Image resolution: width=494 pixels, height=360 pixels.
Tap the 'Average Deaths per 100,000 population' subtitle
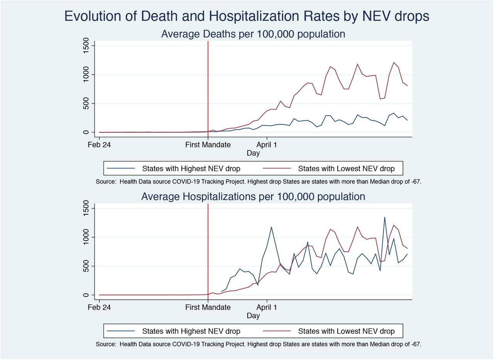253,34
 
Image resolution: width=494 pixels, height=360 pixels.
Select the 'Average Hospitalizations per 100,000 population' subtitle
253,197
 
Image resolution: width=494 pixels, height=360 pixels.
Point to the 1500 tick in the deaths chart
86,46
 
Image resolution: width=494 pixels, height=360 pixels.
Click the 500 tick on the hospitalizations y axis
86,266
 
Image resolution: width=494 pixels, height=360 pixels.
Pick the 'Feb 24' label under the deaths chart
99,145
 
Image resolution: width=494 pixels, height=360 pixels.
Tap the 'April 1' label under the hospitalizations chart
267,307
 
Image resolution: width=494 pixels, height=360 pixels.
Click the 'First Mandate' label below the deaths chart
208,145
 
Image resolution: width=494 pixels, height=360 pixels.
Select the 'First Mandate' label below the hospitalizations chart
208,307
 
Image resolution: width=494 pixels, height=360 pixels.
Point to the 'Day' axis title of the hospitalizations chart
253,316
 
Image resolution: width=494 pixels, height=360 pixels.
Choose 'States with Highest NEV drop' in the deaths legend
191,169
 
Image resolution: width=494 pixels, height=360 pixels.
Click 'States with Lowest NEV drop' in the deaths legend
346,169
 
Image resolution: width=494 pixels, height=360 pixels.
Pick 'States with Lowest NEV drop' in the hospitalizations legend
346,331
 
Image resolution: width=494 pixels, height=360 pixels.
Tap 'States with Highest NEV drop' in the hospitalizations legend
191,331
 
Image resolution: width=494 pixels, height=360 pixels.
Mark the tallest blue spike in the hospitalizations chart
385,217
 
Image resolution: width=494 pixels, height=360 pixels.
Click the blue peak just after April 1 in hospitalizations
271,227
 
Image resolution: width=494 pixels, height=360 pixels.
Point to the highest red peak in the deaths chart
394,63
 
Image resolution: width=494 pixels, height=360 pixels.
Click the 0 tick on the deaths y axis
86,132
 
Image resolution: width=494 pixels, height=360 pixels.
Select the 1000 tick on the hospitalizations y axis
86,237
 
